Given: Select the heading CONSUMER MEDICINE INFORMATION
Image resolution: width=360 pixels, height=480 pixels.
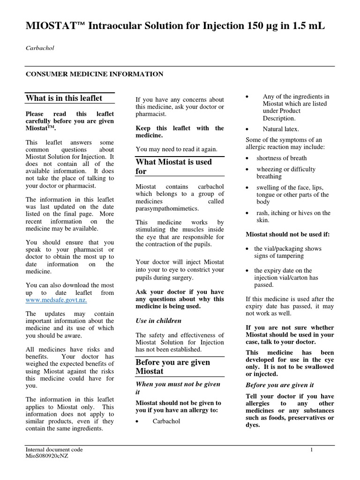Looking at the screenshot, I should [x=94, y=74].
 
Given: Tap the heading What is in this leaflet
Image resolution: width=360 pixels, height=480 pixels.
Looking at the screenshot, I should [x=63, y=98].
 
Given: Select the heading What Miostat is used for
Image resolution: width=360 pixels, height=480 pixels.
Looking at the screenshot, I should [x=173, y=166].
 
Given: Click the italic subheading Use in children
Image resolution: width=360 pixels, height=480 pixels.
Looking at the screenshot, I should [x=158, y=321].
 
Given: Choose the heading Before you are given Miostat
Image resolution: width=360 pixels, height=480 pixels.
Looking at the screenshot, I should [x=172, y=367].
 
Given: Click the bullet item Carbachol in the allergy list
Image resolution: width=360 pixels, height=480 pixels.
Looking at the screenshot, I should [x=166, y=421].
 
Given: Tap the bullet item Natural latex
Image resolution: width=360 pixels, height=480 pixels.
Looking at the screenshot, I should [x=280, y=129].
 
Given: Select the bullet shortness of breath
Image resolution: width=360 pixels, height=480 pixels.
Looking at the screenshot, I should [x=281, y=157].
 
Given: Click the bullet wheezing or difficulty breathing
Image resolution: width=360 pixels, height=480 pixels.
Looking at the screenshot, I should [x=285, y=173].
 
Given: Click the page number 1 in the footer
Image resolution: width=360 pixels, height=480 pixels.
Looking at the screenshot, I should [x=311, y=450].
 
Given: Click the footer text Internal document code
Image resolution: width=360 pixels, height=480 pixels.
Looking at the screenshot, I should [x=54, y=450].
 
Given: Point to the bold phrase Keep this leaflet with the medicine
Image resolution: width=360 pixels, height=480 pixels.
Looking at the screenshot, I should [x=180, y=132].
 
